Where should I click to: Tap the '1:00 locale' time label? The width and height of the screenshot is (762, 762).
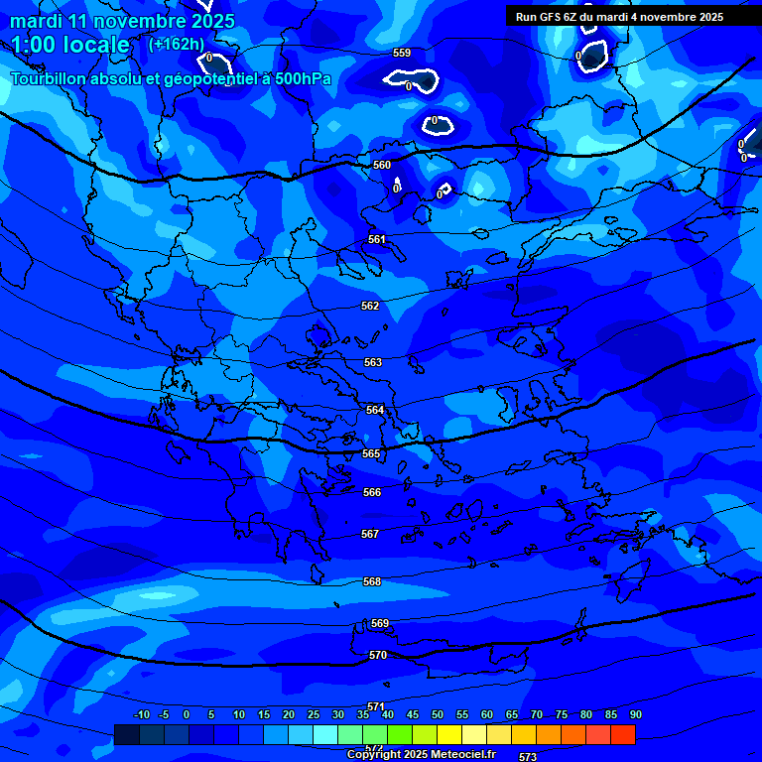click(70, 45)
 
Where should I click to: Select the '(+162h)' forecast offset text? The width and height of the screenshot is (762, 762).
click(177, 44)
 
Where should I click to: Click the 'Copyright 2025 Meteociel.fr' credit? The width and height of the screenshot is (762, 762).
click(421, 754)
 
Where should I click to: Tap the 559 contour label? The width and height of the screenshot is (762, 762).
click(402, 53)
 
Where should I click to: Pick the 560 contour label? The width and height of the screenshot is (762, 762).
click(382, 165)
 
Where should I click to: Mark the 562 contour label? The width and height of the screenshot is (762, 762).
click(370, 306)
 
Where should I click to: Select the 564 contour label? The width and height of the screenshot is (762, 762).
click(374, 410)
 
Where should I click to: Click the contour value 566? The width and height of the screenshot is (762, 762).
click(371, 492)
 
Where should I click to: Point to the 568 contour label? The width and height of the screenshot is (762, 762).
click(372, 581)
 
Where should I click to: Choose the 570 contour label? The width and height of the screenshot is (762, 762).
click(377, 655)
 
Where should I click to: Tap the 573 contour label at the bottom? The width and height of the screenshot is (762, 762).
click(528, 756)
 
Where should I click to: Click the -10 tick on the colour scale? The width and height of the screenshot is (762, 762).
click(142, 714)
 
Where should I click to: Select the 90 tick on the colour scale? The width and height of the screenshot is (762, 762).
click(635, 714)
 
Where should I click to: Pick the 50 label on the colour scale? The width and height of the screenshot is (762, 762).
click(438, 714)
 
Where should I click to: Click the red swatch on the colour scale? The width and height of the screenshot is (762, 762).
click(623, 734)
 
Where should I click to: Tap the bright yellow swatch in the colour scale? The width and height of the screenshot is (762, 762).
click(449, 734)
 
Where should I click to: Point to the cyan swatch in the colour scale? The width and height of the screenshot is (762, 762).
click(324, 734)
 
